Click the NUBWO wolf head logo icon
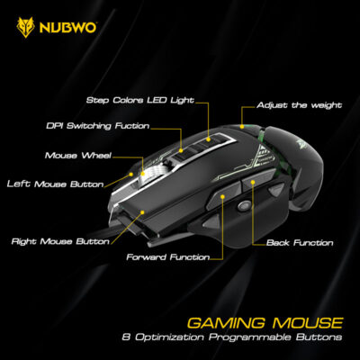coord(25,27)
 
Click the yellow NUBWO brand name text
coord(67,28)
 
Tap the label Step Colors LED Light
coord(140,101)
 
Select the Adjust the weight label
coord(299,105)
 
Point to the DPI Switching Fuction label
coord(98,126)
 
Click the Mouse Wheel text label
coord(78,156)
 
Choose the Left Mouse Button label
coord(55,184)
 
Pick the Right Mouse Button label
coord(60,241)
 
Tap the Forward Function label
coord(168,257)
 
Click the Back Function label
coord(300,242)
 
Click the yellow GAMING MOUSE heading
coord(265,323)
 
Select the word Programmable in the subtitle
coord(249,337)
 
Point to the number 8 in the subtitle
coord(125,337)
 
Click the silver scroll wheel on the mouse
coord(153,174)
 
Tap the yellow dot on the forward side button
coord(222,196)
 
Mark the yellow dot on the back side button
coord(253,182)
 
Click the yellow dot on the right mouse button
coord(142,212)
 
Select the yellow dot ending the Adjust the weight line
coord(242,127)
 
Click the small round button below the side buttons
coord(244,205)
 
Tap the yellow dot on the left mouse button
coord(131,174)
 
